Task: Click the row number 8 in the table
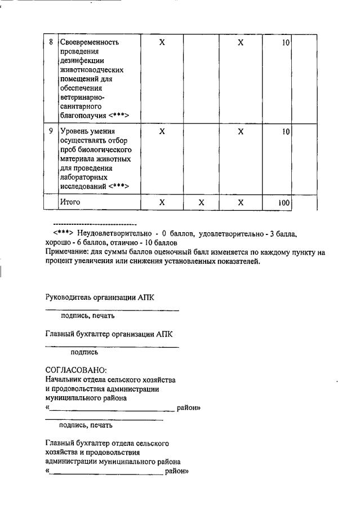[x=51, y=43]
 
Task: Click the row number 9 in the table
[x=51, y=131]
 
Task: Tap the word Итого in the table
[x=70, y=202]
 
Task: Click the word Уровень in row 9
[x=75, y=131]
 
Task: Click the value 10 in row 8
[x=286, y=43]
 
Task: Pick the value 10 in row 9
[x=286, y=131]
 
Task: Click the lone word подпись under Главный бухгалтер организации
[x=84, y=352]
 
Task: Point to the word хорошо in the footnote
[x=58, y=243]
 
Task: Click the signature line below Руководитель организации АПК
[x=112, y=310]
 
